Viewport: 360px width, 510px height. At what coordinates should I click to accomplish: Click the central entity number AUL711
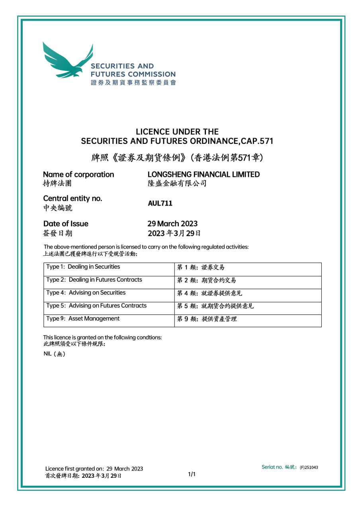coord(160,203)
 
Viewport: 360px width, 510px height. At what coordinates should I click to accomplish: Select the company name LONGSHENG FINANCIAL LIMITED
coord(203,175)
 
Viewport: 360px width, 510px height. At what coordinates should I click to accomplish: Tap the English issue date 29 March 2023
coord(172,224)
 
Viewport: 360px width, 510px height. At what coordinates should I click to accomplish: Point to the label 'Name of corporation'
coord(78,175)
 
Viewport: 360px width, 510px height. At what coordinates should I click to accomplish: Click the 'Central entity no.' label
coord(72,198)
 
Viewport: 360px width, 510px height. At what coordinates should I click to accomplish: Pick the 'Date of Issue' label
coord(66,224)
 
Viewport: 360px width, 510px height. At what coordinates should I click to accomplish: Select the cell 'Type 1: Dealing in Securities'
coord(83,267)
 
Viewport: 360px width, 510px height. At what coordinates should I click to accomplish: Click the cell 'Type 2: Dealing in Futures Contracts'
coord(94,280)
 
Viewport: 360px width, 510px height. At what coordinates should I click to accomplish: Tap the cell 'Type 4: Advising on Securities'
coord(86,293)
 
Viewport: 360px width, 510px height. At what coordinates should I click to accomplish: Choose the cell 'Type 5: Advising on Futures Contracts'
coord(96,306)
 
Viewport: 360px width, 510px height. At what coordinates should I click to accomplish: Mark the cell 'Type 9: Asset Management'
coord(83,319)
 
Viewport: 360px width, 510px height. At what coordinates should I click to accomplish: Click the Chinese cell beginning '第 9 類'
coord(207,319)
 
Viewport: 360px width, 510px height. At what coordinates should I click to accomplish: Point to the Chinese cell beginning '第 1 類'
coord(201,267)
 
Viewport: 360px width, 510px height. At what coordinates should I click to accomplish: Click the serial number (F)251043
coord(309,467)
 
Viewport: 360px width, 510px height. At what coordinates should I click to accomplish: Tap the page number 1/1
coord(192,474)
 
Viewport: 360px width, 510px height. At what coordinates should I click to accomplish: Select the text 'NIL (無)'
coord(54,354)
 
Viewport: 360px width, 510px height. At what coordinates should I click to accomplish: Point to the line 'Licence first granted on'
coord(94,469)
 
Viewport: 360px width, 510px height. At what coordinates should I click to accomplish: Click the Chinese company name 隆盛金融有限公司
coord(177,184)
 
